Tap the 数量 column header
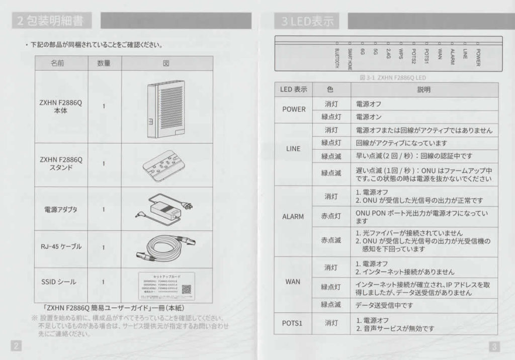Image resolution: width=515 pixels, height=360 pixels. click(x=104, y=63)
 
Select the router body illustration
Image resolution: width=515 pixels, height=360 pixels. click(x=165, y=110)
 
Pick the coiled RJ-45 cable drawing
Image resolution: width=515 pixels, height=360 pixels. click(x=165, y=247)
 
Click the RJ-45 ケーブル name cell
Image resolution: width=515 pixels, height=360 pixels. click(x=61, y=247)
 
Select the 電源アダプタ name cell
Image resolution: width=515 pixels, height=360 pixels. click(x=61, y=209)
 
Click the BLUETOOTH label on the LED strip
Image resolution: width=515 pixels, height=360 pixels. click(x=336, y=57)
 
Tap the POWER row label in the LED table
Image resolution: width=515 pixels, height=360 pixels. click(x=294, y=109)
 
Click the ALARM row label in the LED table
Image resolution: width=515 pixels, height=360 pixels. click(x=293, y=217)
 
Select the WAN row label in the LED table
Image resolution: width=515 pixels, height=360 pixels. click(x=293, y=282)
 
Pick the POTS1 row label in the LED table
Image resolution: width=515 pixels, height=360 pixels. click(x=293, y=323)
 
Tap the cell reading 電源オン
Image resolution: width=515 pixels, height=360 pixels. click(x=369, y=117)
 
